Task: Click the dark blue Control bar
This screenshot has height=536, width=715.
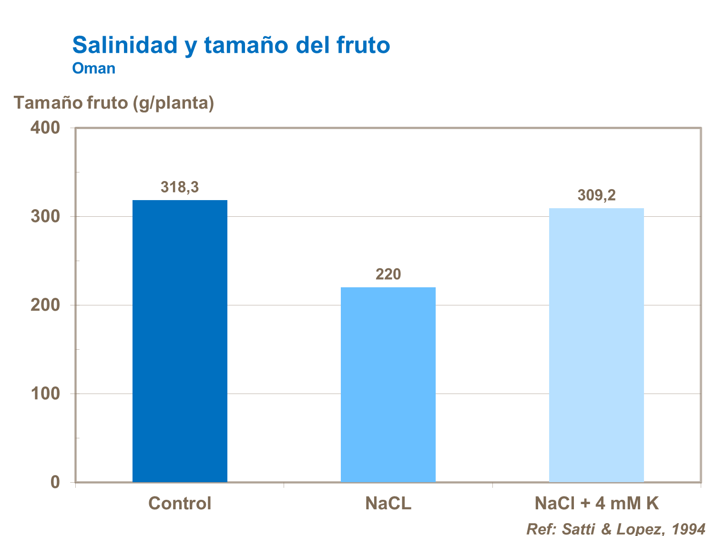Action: pos(180,341)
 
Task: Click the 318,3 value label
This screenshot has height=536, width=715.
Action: pos(180,187)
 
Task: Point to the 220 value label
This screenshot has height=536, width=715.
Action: pos(388,274)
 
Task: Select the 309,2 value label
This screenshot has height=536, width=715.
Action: pos(596,195)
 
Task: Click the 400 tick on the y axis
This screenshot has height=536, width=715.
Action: pos(45,128)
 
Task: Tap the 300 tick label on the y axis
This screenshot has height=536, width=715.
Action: pos(45,216)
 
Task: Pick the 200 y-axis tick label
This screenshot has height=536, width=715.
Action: pos(45,305)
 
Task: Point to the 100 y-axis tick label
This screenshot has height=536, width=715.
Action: pos(45,394)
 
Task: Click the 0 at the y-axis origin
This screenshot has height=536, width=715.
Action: pos(55,482)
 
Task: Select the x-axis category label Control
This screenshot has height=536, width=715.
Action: pos(180,504)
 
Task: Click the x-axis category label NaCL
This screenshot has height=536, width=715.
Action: pos(388,504)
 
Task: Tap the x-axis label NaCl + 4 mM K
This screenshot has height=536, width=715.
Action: pos(596,504)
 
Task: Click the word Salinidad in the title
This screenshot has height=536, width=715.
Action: pos(124,45)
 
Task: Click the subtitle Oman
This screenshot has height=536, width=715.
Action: pos(94,69)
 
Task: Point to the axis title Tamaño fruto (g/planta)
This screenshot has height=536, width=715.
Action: pos(114,102)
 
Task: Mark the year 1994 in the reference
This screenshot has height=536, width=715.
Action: pos(688,529)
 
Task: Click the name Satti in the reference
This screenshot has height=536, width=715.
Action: pos(577,529)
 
